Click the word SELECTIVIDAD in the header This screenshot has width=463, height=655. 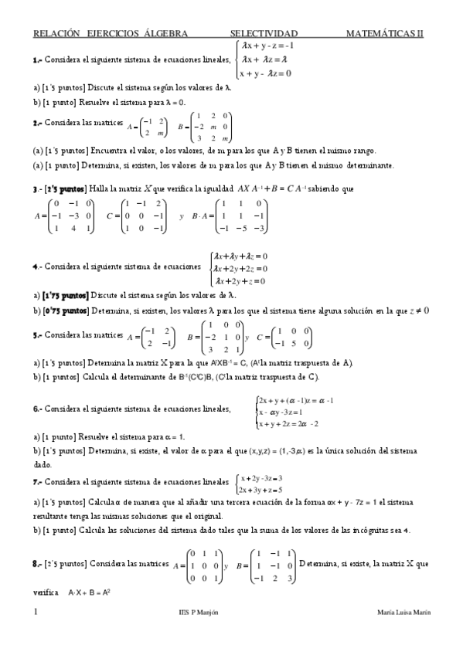(x=264, y=34)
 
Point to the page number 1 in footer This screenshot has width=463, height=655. (x=36, y=612)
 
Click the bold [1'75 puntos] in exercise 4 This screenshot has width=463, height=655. (x=66, y=295)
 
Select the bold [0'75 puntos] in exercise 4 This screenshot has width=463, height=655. (x=66, y=311)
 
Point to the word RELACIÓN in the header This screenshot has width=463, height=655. (x=57, y=34)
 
